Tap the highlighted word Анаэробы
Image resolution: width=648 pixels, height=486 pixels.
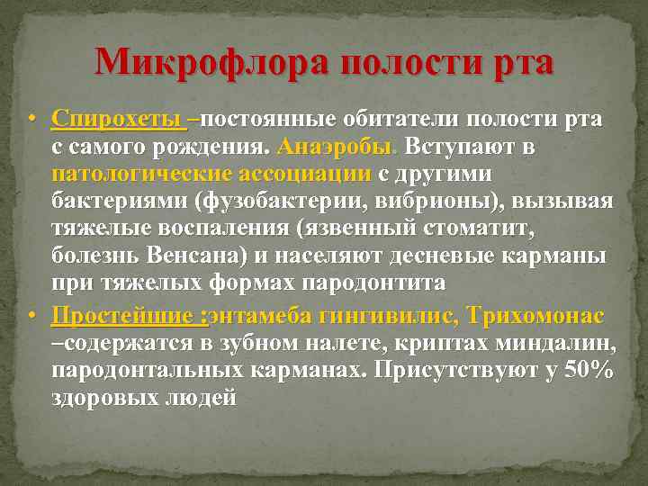(x=342, y=146)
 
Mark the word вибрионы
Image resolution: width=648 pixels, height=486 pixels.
(x=454, y=200)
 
